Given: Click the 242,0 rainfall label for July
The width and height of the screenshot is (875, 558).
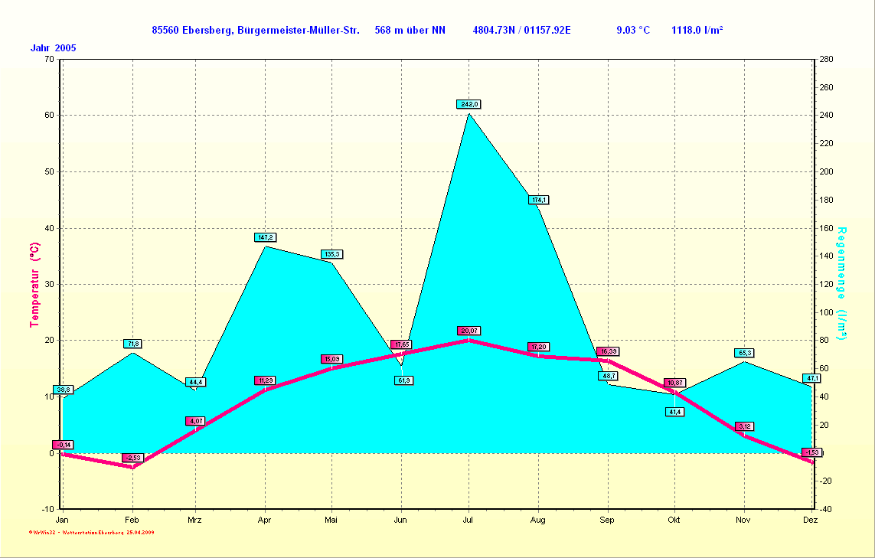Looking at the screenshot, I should point(469,104).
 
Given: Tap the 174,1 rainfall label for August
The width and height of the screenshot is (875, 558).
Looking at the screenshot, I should point(538,200).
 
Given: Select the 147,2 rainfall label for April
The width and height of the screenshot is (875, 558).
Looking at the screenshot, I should point(265,237).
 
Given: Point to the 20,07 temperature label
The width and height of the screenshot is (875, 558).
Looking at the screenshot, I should point(469,331).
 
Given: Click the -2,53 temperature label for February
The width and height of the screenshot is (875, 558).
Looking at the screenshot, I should point(132,458).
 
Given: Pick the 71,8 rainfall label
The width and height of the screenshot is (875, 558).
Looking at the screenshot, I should point(133,344).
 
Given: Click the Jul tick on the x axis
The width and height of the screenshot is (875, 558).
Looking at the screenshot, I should point(469,520).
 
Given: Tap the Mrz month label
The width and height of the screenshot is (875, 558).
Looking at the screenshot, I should point(195,520).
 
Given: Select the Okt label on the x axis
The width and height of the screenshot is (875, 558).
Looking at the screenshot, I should point(674,520).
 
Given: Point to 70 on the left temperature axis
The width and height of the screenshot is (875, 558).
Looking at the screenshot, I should point(49,59).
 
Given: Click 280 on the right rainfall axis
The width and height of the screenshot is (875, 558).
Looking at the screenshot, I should point(826,59).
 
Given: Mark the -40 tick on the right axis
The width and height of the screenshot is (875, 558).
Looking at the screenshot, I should point(826,509).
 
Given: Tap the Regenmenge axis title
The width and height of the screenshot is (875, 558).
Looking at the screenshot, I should point(842,284).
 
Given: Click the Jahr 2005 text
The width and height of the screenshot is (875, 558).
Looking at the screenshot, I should point(53,48).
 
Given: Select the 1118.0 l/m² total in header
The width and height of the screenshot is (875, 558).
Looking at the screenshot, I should point(697,31).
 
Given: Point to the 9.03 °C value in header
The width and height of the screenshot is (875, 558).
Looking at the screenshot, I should point(633,31).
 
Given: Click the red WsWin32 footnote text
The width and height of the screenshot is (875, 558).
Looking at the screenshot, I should point(92,531).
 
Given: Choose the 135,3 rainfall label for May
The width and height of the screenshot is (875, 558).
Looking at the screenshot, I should point(331,254).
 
